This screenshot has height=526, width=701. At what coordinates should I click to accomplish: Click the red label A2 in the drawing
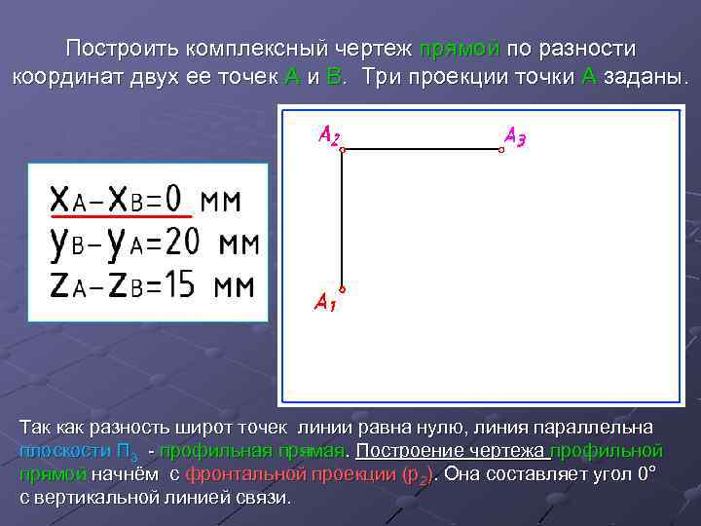tap(328, 136)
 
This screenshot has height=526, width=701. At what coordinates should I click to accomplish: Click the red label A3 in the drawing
tap(515, 136)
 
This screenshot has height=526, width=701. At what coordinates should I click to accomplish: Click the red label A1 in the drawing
tap(324, 303)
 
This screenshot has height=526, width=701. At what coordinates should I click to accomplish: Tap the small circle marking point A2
tap(343, 149)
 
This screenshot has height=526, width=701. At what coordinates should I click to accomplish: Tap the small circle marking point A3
tap(501, 149)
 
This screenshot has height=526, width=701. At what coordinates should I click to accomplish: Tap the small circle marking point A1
tap(343, 288)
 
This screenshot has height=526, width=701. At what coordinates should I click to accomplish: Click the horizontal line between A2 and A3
tap(422, 149)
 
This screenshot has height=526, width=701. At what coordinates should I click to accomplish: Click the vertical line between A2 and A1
tap(343, 219)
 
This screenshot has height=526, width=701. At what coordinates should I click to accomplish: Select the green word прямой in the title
tap(460, 50)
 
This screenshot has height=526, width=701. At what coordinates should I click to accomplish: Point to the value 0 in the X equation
tap(172, 201)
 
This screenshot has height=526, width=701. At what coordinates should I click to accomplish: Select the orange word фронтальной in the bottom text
tap(242, 474)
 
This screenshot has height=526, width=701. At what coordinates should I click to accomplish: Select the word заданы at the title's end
tap(645, 78)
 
